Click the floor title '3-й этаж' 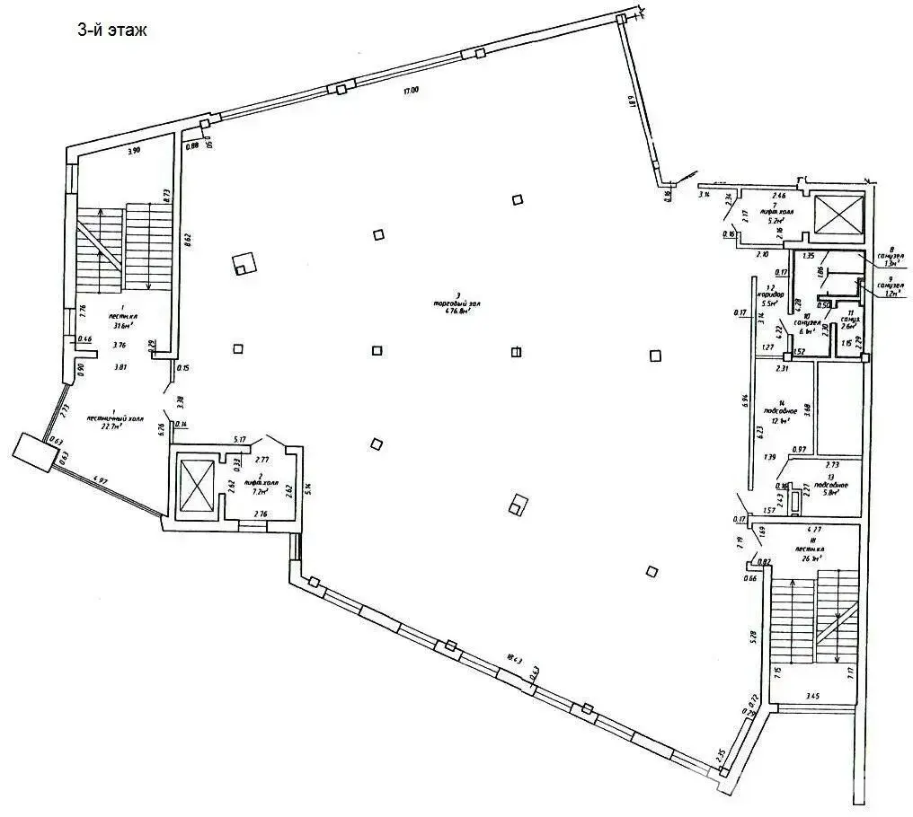[x=111, y=30]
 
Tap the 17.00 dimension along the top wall [x=411, y=90]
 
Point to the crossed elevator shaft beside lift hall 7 [x=837, y=215]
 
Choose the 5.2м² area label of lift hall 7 [x=773, y=218]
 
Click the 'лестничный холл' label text [x=109, y=418]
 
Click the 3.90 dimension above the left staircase [x=134, y=151]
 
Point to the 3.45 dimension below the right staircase [x=813, y=695]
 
